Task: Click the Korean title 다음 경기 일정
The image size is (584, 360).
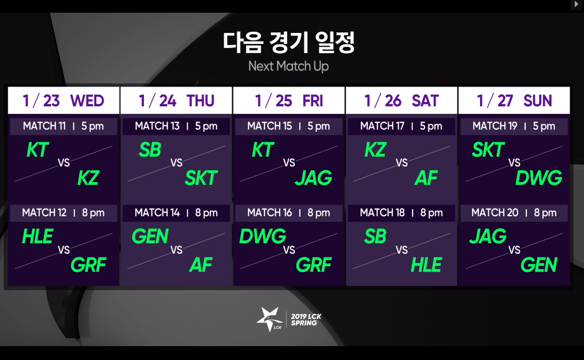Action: tap(289, 43)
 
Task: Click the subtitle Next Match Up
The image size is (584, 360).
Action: tap(289, 66)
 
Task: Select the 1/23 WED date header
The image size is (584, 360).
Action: tap(64, 101)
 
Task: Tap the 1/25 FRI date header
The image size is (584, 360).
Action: tap(289, 101)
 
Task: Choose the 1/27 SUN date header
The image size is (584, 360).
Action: tap(514, 101)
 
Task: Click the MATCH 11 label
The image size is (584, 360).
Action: tap(44, 126)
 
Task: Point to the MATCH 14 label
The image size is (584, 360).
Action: tap(157, 213)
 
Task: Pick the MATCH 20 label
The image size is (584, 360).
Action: tap(494, 213)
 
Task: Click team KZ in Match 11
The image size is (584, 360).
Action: tap(88, 178)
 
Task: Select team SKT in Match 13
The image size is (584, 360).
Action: tap(201, 178)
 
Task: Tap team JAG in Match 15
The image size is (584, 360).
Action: tap(314, 178)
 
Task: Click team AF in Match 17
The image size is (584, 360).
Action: tap(426, 178)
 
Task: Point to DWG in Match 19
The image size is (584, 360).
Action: tap(539, 178)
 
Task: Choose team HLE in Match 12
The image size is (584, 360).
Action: tap(38, 236)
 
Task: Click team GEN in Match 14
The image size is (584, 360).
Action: tap(150, 236)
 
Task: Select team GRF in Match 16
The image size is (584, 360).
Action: tap(314, 265)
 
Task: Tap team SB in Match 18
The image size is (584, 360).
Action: tap(375, 236)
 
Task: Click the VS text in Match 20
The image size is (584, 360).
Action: tap(514, 250)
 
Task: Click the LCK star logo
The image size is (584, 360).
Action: tap(270, 320)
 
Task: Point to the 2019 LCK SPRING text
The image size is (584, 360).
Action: tap(306, 320)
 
